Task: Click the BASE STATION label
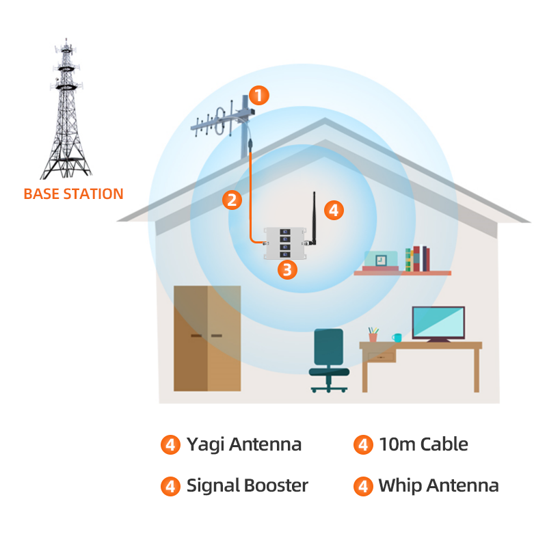73,194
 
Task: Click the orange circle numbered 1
259,95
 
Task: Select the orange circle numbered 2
233,200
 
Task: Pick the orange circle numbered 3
287,269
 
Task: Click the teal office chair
328,359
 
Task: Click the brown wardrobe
207,338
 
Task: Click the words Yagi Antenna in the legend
243,444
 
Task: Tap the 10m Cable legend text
423,444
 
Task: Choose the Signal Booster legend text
247,486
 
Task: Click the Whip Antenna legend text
438,486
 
